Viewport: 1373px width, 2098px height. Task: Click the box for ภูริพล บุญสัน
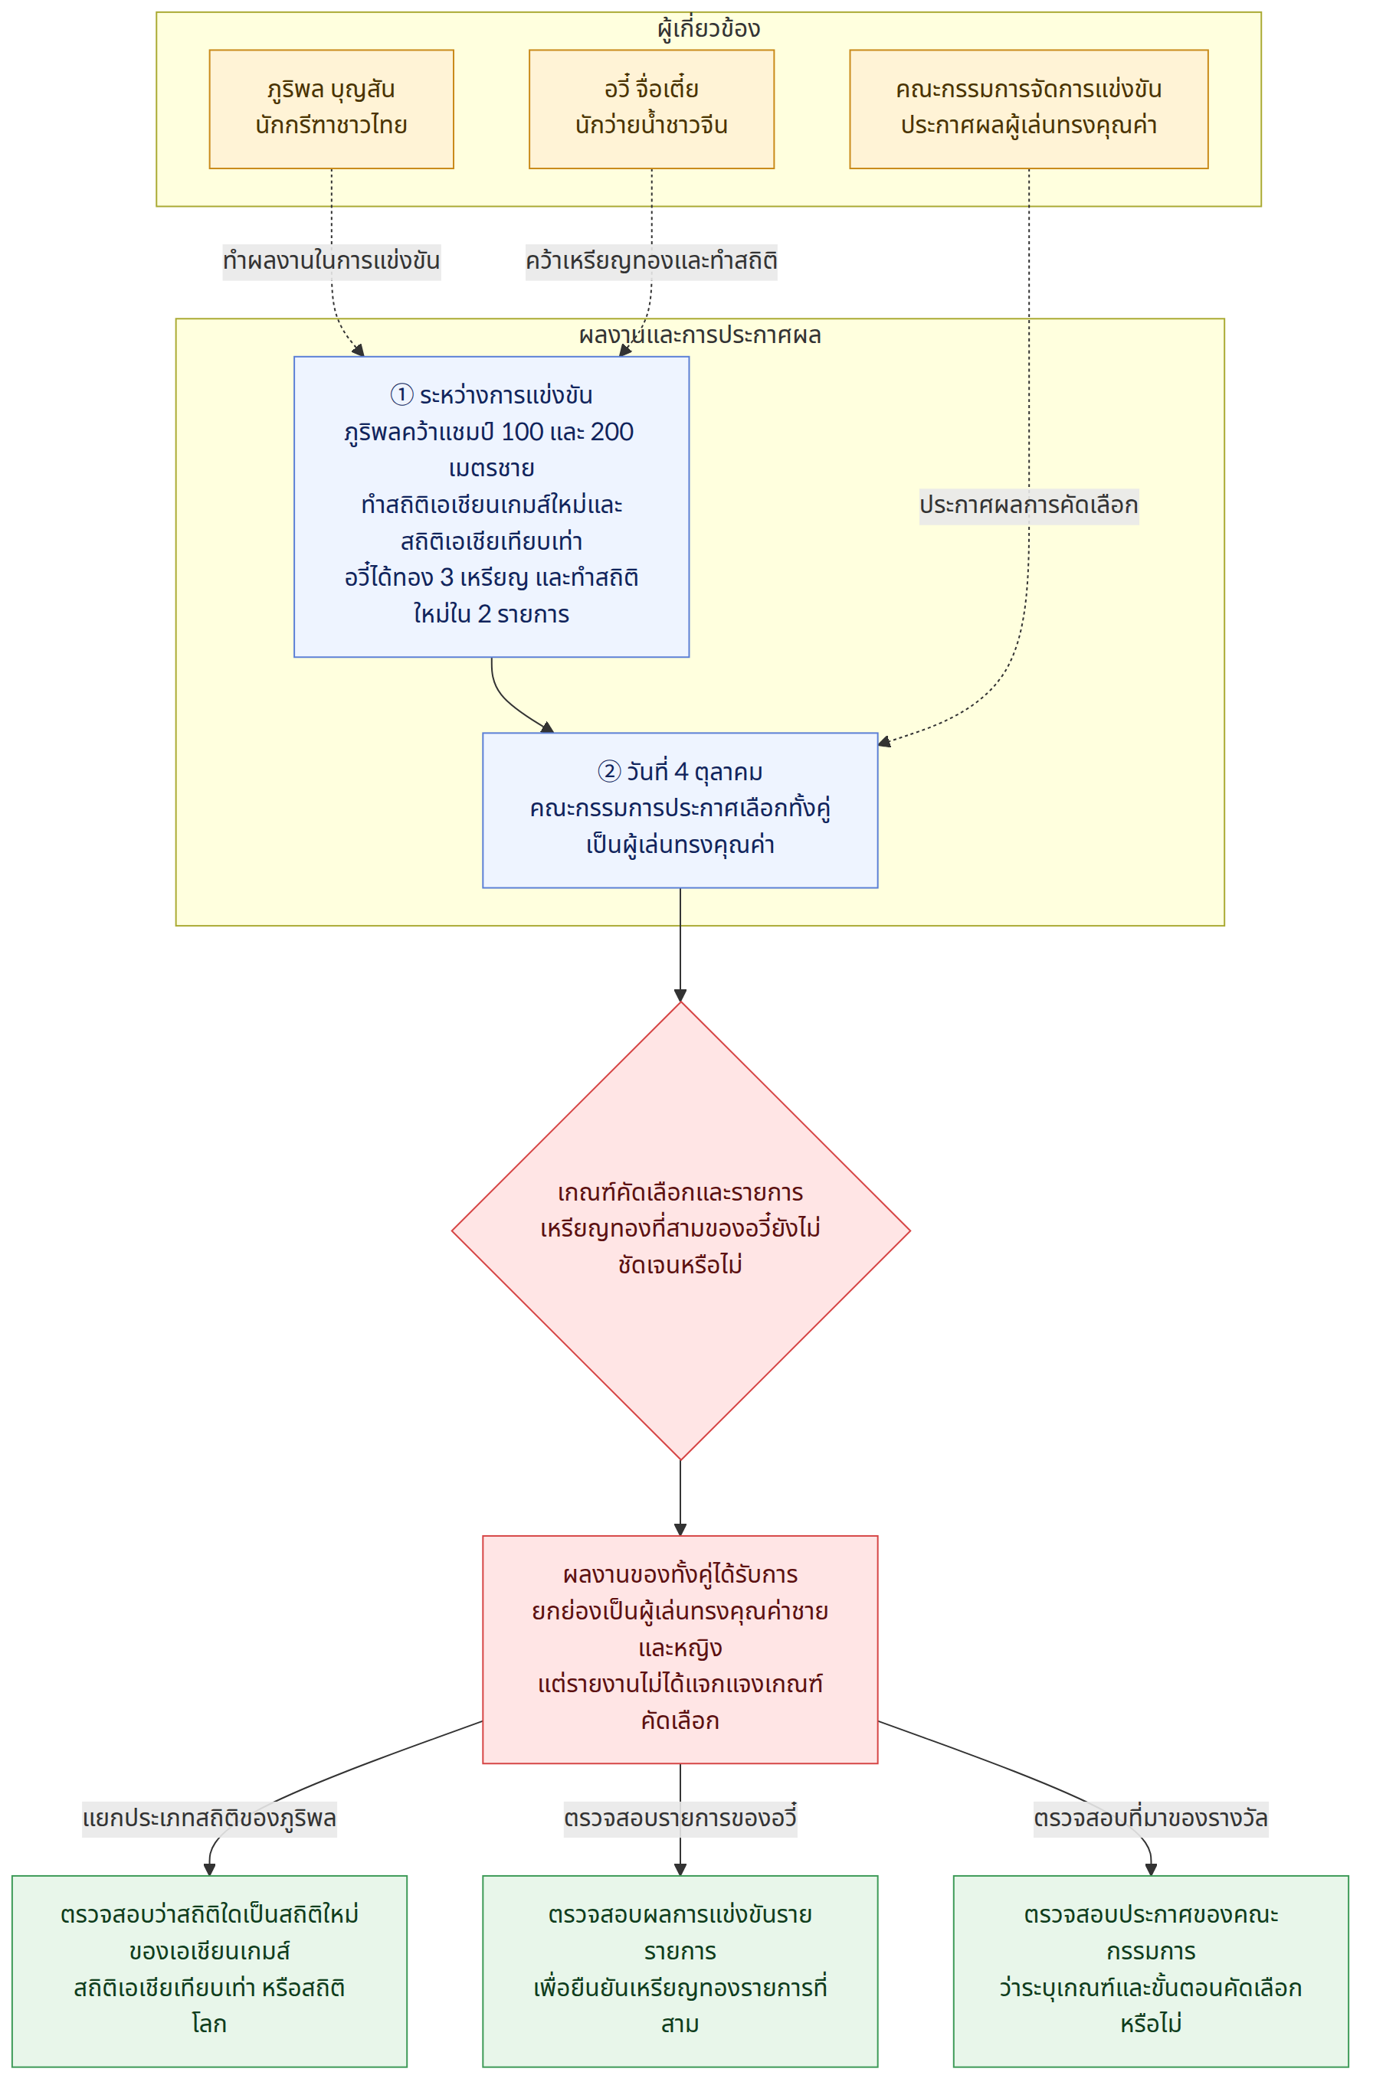332,109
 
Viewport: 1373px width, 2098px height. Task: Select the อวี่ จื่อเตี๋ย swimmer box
652,109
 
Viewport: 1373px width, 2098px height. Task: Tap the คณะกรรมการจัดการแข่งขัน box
1029,109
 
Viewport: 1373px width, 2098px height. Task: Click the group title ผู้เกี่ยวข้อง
709,29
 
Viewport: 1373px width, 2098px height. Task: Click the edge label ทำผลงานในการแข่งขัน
332,262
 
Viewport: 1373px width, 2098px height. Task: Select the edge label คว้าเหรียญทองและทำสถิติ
652,262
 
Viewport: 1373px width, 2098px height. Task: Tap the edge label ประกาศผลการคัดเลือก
1029,506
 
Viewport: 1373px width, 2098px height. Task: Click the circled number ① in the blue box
401,395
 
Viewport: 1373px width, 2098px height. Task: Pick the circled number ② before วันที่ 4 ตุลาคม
609,773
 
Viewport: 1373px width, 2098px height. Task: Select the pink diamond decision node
681,1231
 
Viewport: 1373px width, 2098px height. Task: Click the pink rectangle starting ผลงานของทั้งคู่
681,1650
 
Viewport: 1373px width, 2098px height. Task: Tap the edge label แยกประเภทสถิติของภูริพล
210,1819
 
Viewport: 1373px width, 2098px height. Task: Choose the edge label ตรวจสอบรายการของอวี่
681,1819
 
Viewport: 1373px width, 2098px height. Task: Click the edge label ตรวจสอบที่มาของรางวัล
1151,1819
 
